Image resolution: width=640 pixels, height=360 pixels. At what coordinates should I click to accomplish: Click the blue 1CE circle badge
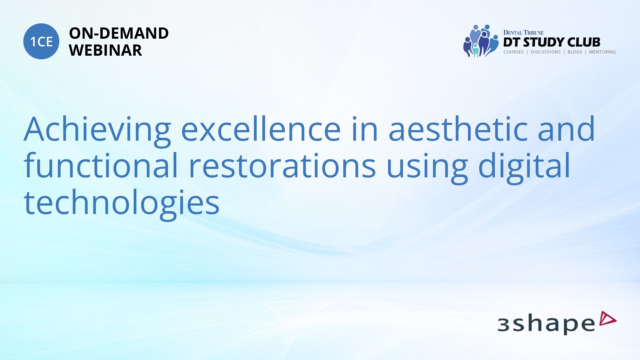tap(41, 41)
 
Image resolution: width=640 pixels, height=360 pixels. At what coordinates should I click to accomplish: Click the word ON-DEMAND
tap(119, 33)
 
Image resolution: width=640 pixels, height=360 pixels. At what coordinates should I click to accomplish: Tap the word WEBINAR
tap(105, 50)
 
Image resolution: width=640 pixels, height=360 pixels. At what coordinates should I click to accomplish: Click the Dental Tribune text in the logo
tap(523, 33)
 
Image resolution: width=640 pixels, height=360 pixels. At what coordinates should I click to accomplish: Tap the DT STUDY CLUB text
tap(552, 42)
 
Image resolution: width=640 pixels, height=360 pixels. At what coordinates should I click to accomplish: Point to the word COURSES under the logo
tap(514, 52)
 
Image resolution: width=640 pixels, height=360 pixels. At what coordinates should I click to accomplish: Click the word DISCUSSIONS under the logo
tap(546, 52)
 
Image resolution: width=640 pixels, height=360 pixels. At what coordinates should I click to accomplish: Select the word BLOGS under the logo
tap(575, 52)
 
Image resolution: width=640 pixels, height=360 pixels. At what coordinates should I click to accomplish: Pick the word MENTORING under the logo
tap(602, 52)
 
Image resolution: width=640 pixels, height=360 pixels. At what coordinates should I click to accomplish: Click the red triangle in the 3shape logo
tap(607, 318)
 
